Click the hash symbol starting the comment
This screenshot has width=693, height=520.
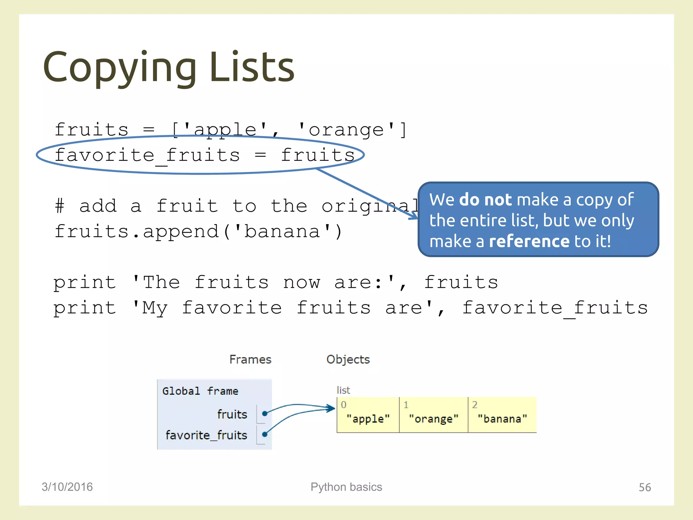60,206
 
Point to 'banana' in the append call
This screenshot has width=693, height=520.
283,232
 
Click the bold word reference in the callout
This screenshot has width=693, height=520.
529,241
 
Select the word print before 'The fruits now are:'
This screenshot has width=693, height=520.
85,283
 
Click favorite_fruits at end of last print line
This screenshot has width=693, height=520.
555,308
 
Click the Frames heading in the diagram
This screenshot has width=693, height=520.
250,360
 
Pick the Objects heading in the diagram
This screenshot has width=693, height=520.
348,360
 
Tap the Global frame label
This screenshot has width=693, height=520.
200,391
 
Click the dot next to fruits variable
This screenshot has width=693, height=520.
265,413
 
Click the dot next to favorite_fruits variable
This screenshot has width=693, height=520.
265,434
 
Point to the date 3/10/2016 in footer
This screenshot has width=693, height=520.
67,487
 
